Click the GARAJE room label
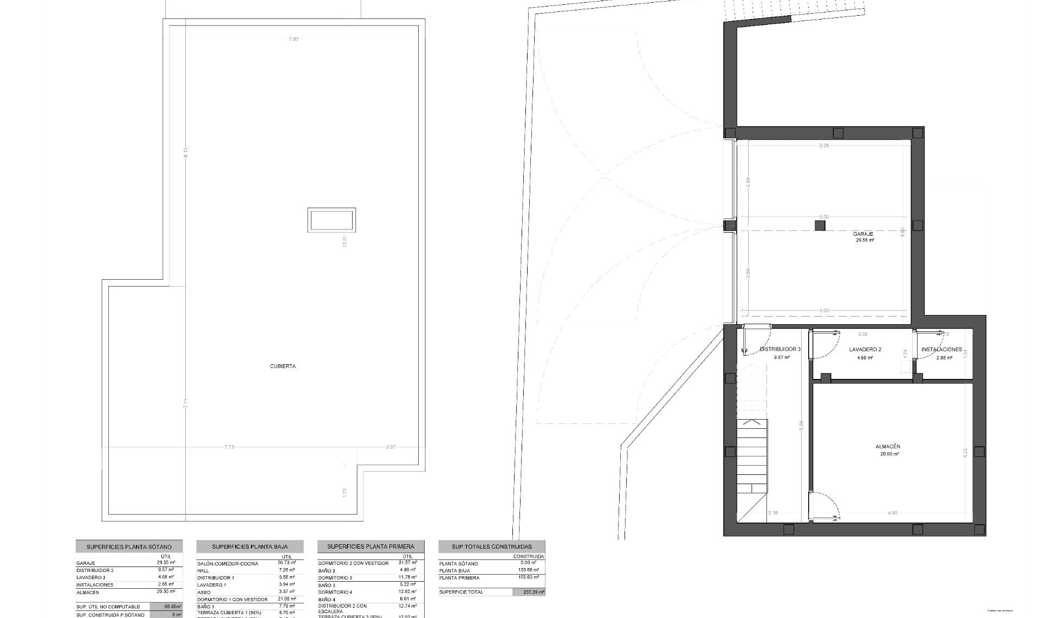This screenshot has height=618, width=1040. coord(863,234)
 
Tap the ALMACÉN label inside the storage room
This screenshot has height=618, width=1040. coord(888,447)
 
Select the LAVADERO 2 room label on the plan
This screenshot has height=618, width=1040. coord(865,350)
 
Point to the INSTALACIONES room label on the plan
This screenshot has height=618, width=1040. coord(941,350)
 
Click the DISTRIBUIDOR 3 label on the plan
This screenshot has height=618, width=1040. coord(780,350)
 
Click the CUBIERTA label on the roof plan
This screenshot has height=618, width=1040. coord(283,366)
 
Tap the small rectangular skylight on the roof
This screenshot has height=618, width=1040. coord(331,220)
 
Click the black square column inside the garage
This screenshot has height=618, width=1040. coord(820,226)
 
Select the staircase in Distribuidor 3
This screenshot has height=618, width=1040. coord(752,455)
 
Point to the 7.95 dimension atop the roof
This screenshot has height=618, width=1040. coord(294,39)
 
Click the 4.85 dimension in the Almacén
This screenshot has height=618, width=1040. coord(893,513)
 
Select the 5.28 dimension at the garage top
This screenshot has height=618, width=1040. coord(824,145)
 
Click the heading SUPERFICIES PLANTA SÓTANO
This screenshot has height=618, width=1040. coord(129,547)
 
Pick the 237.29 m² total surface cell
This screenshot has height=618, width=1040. coord(529,592)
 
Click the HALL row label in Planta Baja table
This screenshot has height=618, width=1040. coord(203,571)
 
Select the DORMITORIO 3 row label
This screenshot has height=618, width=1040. coord(335,578)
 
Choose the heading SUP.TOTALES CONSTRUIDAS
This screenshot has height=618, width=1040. coord(492,546)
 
